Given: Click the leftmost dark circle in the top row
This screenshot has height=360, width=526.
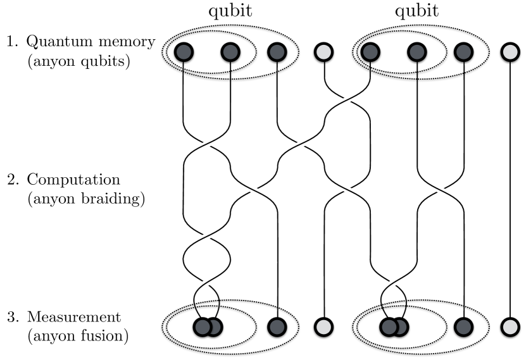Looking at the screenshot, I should coord(183,53).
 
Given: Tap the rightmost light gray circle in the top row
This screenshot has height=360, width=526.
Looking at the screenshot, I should coord(510,53).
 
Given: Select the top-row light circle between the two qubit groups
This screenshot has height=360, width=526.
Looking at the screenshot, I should coord(324,53).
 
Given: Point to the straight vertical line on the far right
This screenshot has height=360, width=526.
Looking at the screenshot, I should coord(510,190).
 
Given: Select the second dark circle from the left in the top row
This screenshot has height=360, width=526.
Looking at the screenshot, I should coord(230,53).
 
